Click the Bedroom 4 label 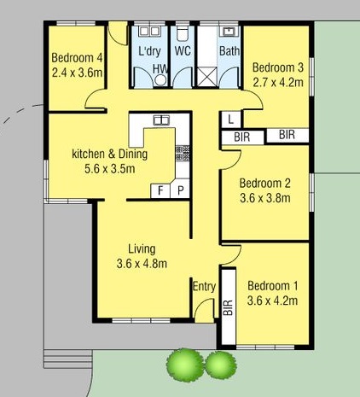77,58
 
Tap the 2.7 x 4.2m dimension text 278,82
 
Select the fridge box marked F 160,190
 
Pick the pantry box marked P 180,190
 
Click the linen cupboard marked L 231,120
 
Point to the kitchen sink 161,120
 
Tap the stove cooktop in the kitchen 183,153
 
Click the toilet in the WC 183,34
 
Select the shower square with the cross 207,76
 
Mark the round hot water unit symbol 161,80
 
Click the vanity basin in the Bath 229,31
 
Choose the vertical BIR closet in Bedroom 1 229,307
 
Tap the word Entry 204,286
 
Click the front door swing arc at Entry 204,304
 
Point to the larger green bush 185,365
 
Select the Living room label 142,249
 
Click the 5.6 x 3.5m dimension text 110,169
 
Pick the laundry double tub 149,31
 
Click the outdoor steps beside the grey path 68,359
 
